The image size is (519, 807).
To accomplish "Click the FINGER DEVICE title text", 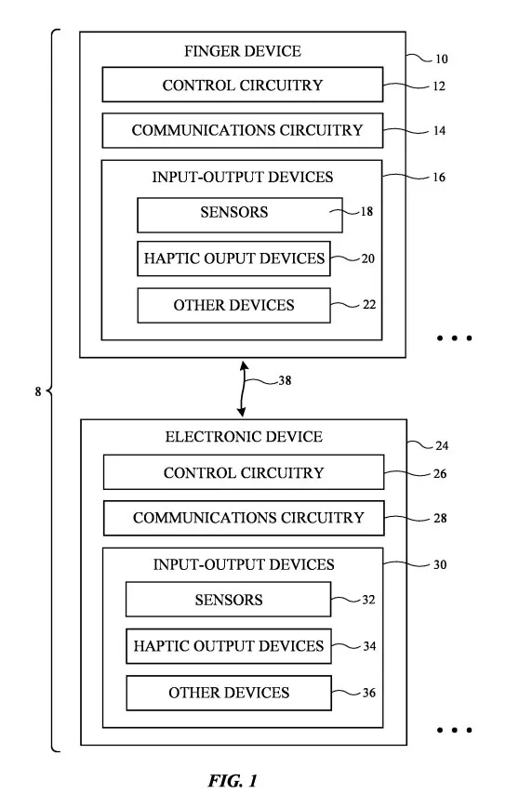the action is coord(243,51).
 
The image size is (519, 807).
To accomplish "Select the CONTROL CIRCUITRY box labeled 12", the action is coord(243,85).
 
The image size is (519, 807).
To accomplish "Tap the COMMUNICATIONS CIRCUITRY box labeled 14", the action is coord(243,130).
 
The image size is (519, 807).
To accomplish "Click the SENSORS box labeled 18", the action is coord(240,215).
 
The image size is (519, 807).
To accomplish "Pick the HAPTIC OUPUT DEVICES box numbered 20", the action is coord(233,258).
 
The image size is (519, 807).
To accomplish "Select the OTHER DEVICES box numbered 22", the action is coord(233,305).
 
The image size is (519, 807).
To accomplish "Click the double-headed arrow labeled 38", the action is coord(243,389).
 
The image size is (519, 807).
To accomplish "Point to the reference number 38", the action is coord(285,380).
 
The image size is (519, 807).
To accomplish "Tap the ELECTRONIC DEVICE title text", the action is coord(244,436).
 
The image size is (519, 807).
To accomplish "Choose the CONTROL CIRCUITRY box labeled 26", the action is coord(244,472).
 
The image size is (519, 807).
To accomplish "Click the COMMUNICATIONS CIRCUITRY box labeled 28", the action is coord(244,518).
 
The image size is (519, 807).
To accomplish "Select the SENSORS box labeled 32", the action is coord(229,600).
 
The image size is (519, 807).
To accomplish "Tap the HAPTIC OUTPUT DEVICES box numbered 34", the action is coord(229,646).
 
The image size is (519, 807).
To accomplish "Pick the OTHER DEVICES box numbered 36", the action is coord(229,693).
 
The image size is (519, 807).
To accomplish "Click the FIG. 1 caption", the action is coord(233,781).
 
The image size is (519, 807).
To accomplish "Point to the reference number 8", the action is coord(37,391).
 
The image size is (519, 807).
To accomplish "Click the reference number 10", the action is coord(441,59).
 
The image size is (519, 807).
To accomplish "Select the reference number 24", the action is coord(442,445).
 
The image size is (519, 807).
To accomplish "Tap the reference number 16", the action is coord(439,177).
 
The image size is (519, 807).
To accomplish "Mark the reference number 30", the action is coord(440,564).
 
